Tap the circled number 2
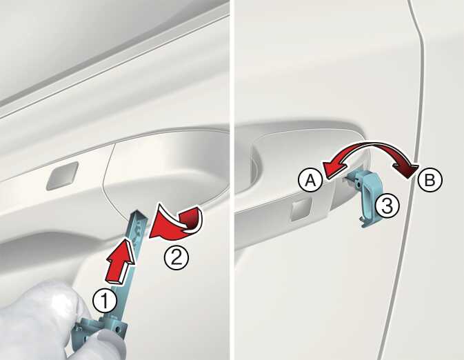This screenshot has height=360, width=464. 176,257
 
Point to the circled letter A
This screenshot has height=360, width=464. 310,180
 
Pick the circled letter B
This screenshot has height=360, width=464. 430,180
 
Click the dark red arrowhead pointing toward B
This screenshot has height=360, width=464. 405,171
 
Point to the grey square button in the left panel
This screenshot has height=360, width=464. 63,176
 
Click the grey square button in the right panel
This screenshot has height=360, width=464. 301,210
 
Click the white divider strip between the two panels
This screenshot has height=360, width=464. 232,180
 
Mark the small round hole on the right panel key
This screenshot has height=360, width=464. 359,185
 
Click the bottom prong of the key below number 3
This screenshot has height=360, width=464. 365,223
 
